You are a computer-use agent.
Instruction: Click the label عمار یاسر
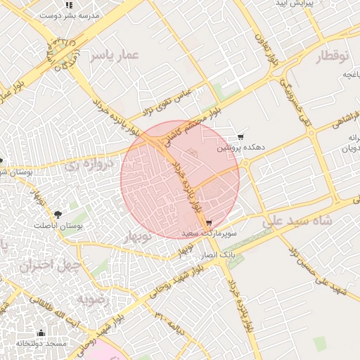(x=115, y=55)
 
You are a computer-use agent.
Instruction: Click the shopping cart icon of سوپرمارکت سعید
(x=209, y=223)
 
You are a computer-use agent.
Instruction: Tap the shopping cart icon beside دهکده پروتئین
(x=241, y=137)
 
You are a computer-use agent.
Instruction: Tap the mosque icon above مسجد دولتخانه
(x=41, y=333)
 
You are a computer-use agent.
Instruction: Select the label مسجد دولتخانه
(x=41, y=343)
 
